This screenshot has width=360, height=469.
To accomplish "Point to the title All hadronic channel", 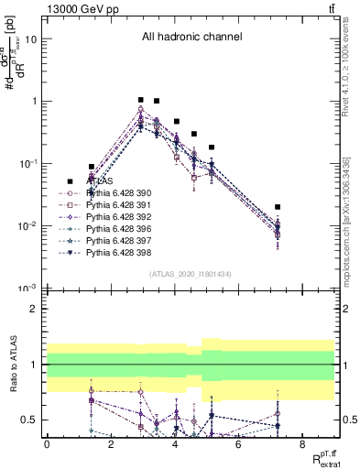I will [191, 38].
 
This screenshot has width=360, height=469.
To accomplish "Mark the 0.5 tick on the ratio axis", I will [32, 420].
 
